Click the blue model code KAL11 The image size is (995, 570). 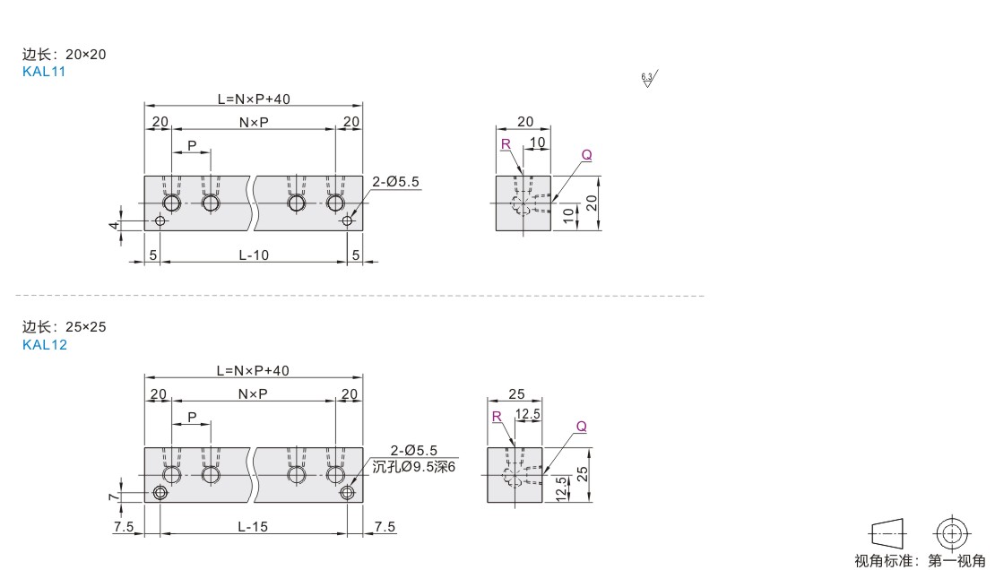coord(44,72)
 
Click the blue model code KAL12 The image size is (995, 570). coord(45,345)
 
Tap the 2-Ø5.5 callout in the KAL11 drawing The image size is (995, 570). coord(395,182)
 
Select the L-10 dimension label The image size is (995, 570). coord(254,255)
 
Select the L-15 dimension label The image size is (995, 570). coord(253,527)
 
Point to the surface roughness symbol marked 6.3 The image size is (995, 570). coord(648,79)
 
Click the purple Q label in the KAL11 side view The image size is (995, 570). coord(586,155)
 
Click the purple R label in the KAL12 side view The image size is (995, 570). coord(497,417)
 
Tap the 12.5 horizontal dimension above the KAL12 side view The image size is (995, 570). coord(528,414)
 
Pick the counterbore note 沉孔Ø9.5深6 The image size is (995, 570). coord(414,467)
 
